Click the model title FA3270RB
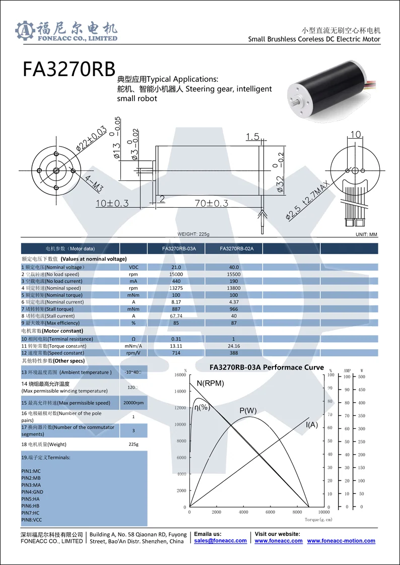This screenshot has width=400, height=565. tap(69, 70)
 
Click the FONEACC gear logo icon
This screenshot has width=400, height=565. tap(25, 31)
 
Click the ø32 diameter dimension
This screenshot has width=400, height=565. tap(281, 183)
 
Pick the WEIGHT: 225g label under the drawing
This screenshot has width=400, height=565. tap(193, 234)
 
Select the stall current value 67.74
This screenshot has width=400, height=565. tap(176, 316)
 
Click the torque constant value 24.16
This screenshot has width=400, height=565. tap(234, 346)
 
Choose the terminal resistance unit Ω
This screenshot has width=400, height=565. tap(134, 339)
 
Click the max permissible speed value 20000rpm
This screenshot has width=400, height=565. tap(134, 403)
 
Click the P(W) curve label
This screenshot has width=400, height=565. tap(248, 410)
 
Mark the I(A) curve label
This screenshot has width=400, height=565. tap(312, 425)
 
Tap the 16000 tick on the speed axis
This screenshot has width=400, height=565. tap(179, 375)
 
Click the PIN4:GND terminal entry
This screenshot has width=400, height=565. tap(32, 491)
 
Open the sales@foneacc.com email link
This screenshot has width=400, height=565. tap(220, 541)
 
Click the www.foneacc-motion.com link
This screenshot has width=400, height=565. tap(341, 541)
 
